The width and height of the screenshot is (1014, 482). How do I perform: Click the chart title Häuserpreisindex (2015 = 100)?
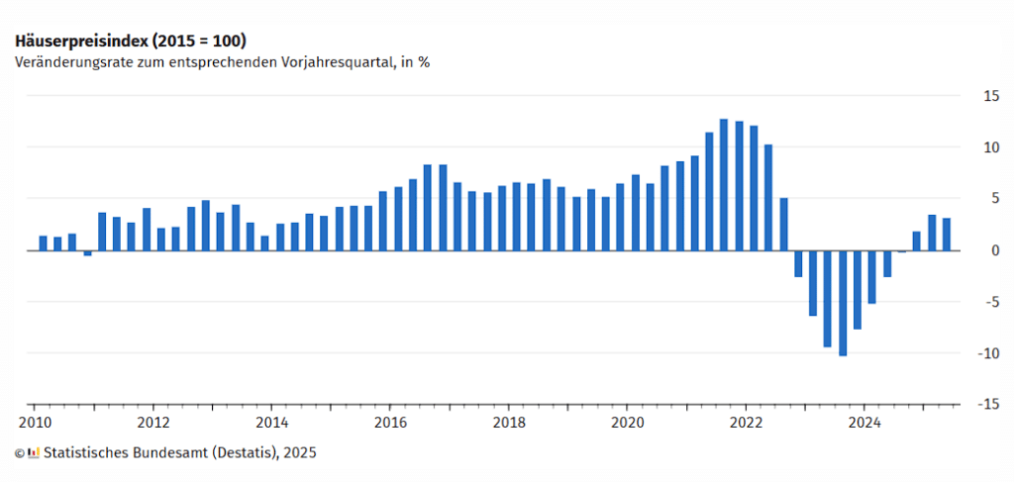click(x=130, y=41)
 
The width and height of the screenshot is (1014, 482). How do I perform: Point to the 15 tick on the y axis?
click(x=989, y=96)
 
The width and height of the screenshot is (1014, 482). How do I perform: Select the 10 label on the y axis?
click(x=989, y=147)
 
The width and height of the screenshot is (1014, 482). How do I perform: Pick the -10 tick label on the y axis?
click(x=986, y=353)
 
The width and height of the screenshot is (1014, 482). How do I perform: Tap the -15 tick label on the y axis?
click(x=986, y=405)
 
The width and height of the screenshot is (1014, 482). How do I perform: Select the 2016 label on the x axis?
click(x=390, y=420)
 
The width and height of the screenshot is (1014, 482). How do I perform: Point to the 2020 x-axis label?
click(x=627, y=420)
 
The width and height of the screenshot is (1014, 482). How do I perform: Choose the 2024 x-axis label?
click(x=863, y=420)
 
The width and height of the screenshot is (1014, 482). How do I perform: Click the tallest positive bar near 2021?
click(x=724, y=184)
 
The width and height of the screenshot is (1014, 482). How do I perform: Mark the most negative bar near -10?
click(x=843, y=303)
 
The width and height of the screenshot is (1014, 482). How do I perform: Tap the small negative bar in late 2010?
click(x=87, y=252)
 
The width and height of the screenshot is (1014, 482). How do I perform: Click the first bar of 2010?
click(x=43, y=242)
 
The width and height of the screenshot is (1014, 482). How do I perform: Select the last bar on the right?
click(x=947, y=234)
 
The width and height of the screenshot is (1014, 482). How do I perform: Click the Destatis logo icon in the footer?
click(x=34, y=452)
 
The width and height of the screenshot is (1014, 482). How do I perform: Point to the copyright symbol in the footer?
click(x=20, y=452)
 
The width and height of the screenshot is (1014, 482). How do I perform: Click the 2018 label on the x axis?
click(x=508, y=420)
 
